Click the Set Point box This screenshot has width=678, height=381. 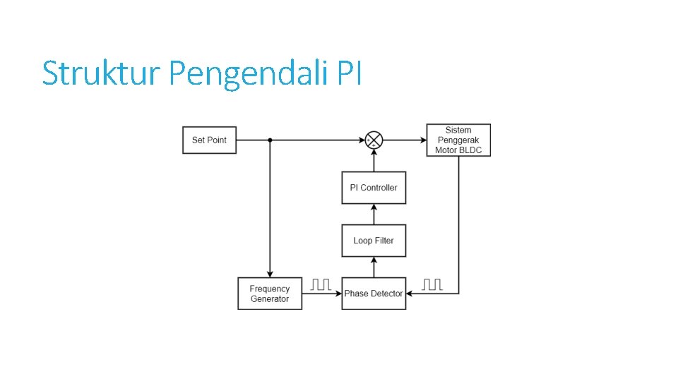(209, 140)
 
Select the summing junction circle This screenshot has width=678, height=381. (374, 140)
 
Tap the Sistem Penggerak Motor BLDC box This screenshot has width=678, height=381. (458, 140)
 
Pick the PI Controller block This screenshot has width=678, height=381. (374, 188)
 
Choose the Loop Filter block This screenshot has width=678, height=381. (374, 241)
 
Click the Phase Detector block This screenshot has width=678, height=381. (374, 294)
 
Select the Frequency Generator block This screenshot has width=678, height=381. (270, 294)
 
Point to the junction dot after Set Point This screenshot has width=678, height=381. (270, 140)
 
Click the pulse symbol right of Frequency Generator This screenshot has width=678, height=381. (321, 284)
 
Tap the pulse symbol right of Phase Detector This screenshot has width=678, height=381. (432, 284)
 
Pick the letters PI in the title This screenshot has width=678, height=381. (350, 73)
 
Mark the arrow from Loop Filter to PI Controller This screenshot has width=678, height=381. (374, 214)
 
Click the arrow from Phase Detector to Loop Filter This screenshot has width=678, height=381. (374, 267)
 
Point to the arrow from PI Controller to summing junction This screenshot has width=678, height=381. (374, 160)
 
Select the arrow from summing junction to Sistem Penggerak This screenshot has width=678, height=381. (405, 140)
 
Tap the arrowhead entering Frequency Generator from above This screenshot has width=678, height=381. (270, 274)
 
